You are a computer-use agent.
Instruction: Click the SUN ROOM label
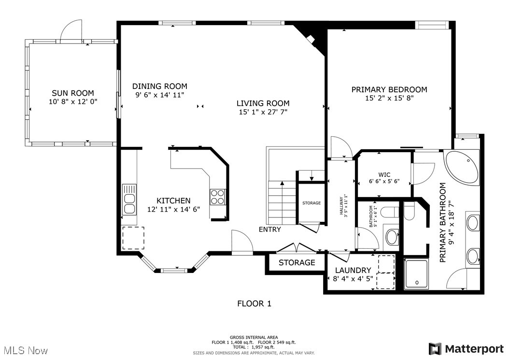point(73,93)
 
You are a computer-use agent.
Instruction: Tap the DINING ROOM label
point(160,86)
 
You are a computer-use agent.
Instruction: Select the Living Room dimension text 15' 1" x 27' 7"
point(263,112)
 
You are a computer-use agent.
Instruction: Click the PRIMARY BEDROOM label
point(389,89)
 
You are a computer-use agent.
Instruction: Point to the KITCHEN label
point(173,201)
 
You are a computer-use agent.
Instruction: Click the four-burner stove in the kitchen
point(217,197)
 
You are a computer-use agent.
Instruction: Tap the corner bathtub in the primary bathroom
point(462,166)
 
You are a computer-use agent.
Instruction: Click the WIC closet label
point(384,175)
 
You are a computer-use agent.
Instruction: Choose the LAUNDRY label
point(353,270)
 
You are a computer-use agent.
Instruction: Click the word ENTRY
point(270,230)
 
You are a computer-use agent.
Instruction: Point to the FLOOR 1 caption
point(254,303)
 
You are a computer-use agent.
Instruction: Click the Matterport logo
point(466,349)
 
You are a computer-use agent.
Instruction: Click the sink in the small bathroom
point(392,237)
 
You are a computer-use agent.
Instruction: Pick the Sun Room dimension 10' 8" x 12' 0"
point(73,101)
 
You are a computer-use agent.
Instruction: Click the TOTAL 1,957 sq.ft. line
point(254,347)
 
